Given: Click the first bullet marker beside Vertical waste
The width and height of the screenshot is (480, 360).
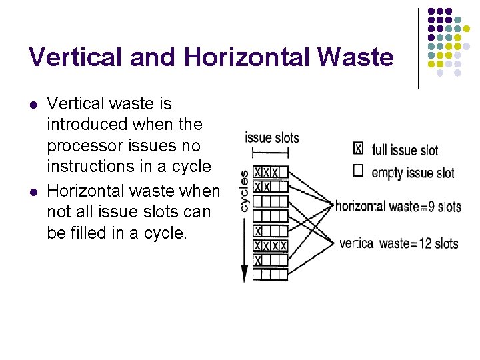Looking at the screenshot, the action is click(x=34, y=105).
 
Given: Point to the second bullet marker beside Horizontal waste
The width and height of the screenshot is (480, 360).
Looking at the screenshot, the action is click(x=34, y=192).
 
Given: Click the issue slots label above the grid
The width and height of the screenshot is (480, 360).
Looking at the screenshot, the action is click(x=272, y=138).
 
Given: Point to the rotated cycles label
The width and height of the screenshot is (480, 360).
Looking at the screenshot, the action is click(x=244, y=191).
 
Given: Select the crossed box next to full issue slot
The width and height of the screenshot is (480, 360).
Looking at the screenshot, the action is click(x=358, y=148).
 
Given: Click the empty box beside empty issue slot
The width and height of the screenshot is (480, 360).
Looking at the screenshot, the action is click(x=358, y=171).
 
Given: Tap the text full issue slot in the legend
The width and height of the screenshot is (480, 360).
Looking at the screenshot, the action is click(x=405, y=150).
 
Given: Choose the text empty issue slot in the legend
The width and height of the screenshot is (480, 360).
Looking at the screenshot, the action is click(x=413, y=173).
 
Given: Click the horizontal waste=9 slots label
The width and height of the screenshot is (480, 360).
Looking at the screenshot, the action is click(x=398, y=206).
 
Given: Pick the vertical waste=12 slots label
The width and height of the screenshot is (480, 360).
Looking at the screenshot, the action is click(x=399, y=243).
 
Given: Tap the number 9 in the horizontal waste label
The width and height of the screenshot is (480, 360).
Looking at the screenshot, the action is click(x=427, y=206).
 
